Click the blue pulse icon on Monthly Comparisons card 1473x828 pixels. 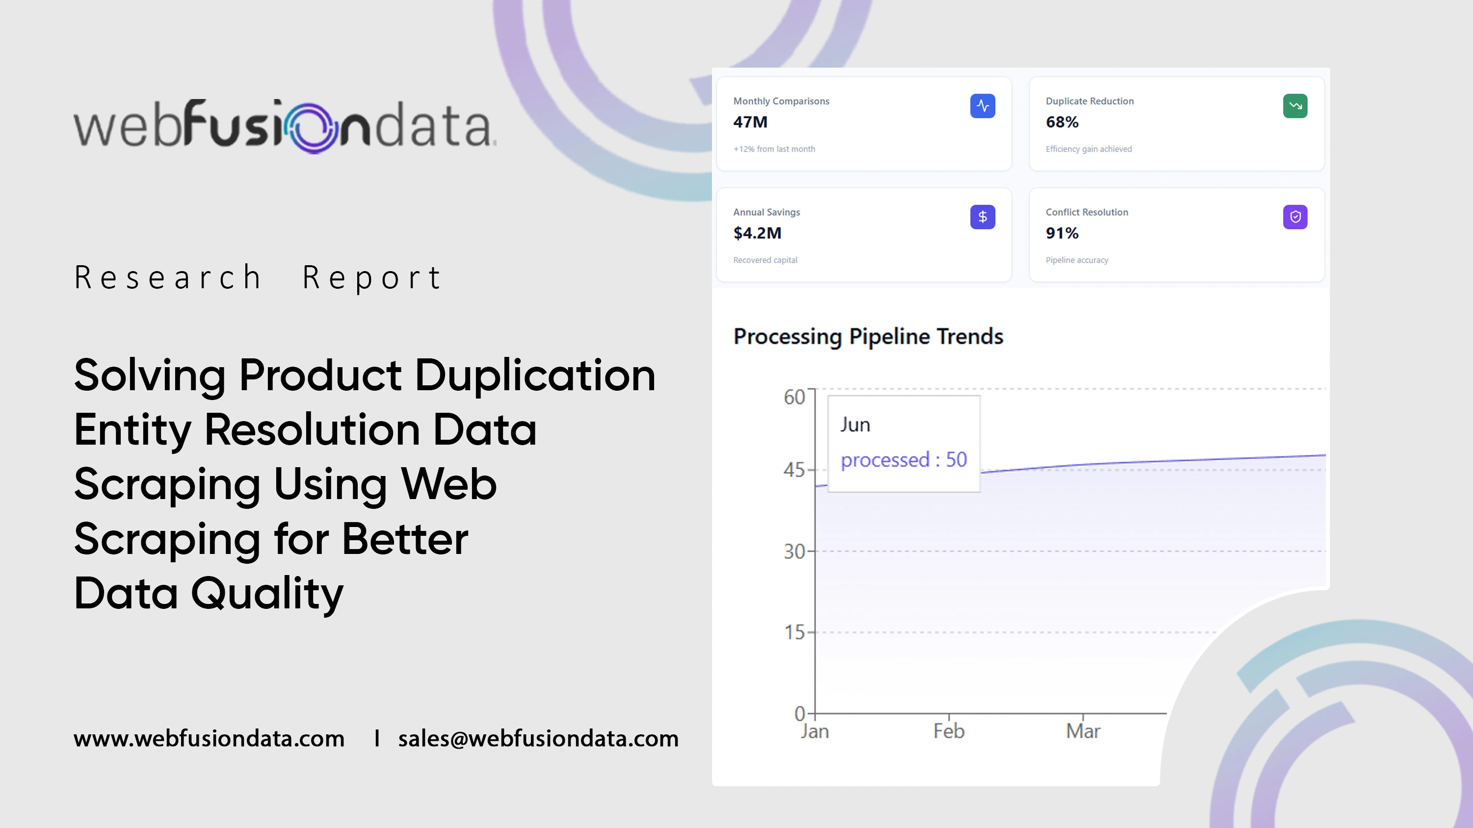[982, 106]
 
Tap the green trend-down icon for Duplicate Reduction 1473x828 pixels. [1295, 106]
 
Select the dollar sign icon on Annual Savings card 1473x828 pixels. [982, 217]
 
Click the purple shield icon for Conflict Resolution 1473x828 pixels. [1295, 217]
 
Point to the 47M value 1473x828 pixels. [750, 122]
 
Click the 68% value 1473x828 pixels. [1062, 122]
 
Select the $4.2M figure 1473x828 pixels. [757, 232]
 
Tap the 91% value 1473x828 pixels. [1062, 232]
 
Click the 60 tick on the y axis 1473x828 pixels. [794, 397]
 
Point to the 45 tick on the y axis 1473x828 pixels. [794, 470]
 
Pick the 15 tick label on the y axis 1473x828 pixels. [794, 632]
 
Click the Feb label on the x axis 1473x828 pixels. [948, 731]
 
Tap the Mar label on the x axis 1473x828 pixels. [1083, 731]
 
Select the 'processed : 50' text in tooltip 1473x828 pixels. [903, 459]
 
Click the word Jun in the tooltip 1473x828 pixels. [855, 425]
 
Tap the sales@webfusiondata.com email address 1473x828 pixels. [538, 738]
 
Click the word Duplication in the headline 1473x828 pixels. [535, 376]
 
